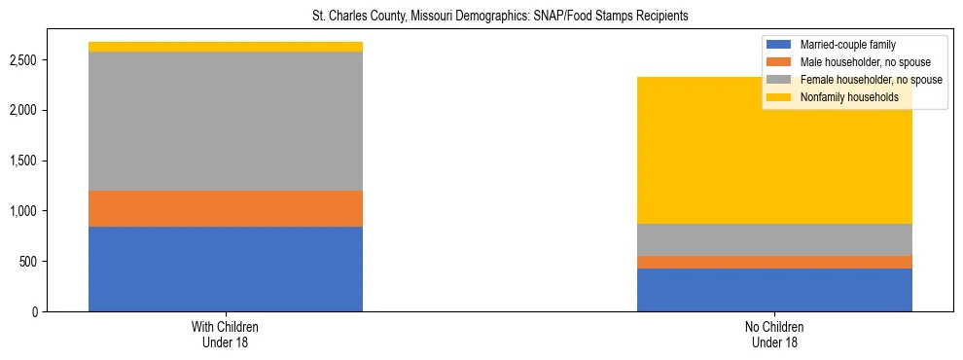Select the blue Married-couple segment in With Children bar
pyautogui.click(x=226, y=269)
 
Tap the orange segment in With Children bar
pyautogui.click(x=226, y=208)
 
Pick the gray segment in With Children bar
pyautogui.click(x=226, y=121)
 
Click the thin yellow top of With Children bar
pyautogui.click(x=226, y=47)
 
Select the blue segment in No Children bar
pyautogui.click(x=774, y=290)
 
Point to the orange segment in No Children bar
pyautogui.click(x=774, y=262)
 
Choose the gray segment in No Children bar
pyautogui.click(x=774, y=239)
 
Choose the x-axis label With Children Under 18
pyautogui.click(x=226, y=335)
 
